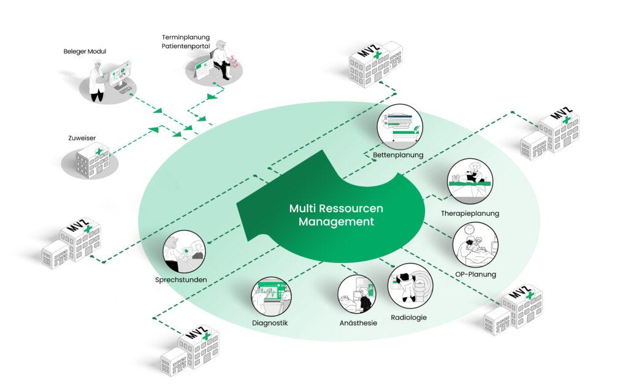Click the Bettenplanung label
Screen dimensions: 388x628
tap(398, 155)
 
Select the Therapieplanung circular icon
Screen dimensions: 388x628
tap(470, 181)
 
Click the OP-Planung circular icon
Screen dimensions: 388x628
tap(475, 244)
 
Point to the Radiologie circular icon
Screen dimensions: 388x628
tap(410, 286)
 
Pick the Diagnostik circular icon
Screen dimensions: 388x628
tap(270, 297)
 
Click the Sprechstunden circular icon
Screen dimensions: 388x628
tap(185, 251)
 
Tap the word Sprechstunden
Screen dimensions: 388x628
tap(181, 280)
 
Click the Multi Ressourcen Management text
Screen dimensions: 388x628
tap(336, 215)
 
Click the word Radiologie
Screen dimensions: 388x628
tap(408, 318)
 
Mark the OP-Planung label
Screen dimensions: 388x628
tap(475, 274)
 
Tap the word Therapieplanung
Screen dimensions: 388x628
tap(470, 213)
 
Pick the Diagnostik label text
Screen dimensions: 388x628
tap(270, 323)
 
